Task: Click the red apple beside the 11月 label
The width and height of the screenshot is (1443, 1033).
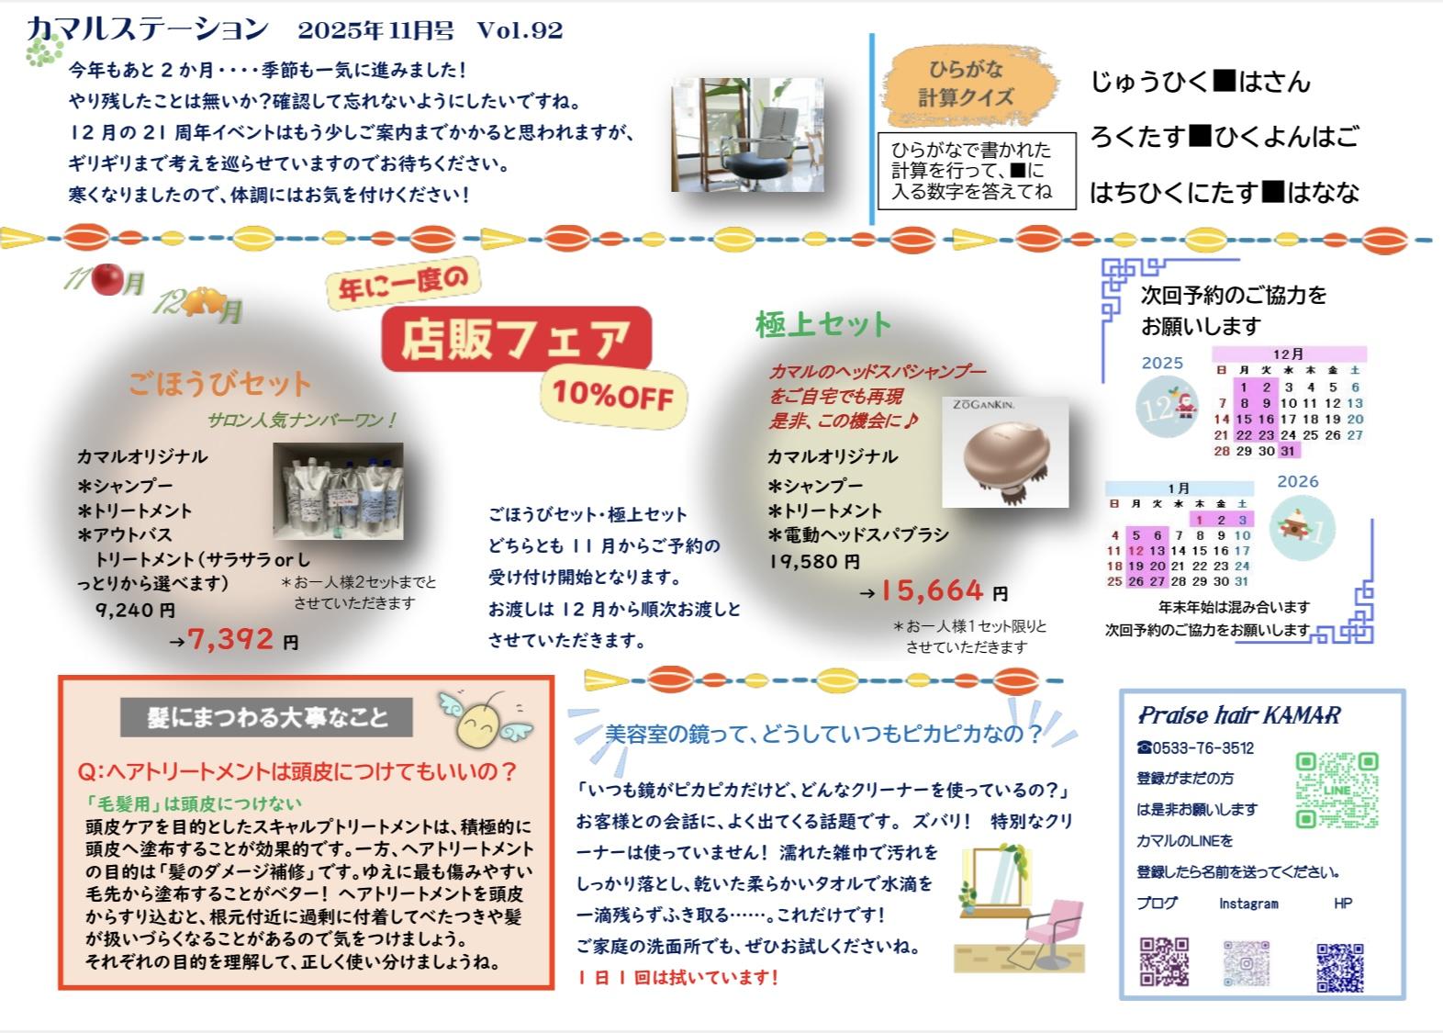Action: tap(106, 279)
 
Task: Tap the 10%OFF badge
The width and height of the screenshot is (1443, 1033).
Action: tap(612, 397)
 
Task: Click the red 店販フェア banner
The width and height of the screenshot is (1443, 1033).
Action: tap(516, 339)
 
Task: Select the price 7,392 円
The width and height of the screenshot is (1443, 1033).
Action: tap(242, 640)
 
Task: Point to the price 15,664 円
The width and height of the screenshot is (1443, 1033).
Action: tap(943, 590)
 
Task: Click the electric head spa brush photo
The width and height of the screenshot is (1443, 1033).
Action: tap(1005, 453)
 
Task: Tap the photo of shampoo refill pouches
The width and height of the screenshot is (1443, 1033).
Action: tap(338, 491)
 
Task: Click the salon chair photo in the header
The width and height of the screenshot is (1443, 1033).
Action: tap(747, 135)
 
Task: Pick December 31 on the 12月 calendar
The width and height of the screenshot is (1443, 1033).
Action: tap(1287, 451)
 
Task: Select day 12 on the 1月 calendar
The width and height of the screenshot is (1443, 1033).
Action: tap(1135, 551)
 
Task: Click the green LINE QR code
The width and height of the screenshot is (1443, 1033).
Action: tap(1337, 790)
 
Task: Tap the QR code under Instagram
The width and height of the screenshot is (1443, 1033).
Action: tap(1247, 963)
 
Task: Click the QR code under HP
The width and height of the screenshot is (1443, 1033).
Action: tap(1340, 967)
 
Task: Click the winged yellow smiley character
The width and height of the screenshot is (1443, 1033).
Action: tap(485, 721)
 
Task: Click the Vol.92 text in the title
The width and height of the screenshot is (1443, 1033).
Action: tap(520, 30)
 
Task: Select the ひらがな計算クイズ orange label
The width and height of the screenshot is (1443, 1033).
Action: tap(968, 84)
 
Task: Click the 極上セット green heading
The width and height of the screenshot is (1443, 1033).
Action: tap(823, 324)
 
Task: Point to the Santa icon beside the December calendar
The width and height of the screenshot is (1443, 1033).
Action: tap(1184, 405)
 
